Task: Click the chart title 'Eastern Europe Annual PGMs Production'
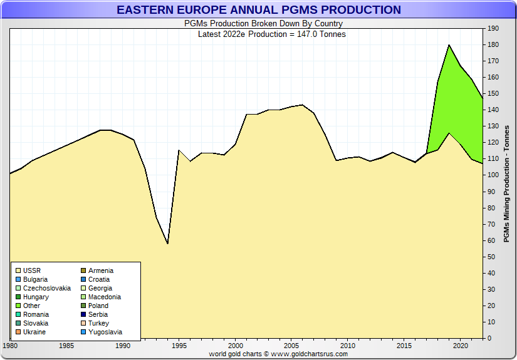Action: (258, 10)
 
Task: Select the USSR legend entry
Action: (31, 270)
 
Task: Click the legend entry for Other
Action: (31, 306)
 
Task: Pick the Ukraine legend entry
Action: (34, 332)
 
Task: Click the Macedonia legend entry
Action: (104, 297)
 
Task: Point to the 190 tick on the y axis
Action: (493, 29)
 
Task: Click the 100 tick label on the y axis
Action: (493, 175)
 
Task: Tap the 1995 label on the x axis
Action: (179, 346)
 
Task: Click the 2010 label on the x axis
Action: (348, 346)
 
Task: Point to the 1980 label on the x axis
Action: (11, 346)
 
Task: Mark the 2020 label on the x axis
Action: (461, 346)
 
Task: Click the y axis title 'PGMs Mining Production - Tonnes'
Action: (506, 183)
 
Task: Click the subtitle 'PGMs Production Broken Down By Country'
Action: (263, 24)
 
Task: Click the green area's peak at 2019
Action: (449, 45)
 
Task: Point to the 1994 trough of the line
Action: (167, 243)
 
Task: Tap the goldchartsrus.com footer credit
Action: (278, 354)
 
